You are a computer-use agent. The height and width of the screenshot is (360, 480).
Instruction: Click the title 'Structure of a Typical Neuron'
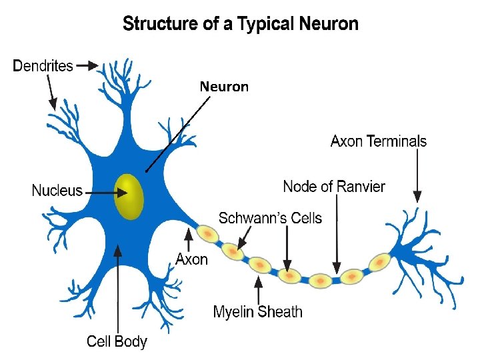(241, 25)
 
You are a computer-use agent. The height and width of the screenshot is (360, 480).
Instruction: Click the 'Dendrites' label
(43, 66)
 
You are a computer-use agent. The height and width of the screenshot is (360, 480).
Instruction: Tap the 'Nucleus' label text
(57, 191)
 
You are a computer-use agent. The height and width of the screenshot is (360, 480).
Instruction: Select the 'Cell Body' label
(117, 341)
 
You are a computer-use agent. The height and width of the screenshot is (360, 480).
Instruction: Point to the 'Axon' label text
(191, 259)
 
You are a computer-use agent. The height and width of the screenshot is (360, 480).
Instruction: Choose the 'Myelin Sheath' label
(257, 311)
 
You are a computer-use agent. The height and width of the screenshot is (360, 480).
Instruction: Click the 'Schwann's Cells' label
(270, 218)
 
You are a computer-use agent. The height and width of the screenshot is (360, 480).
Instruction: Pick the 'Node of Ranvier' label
(334, 187)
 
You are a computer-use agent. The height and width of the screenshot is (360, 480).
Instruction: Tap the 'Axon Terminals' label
(379, 141)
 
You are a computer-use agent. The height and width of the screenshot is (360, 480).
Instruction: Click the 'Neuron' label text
(224, 87)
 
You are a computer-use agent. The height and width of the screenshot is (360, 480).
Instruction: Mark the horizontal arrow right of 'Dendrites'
(87, 66)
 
